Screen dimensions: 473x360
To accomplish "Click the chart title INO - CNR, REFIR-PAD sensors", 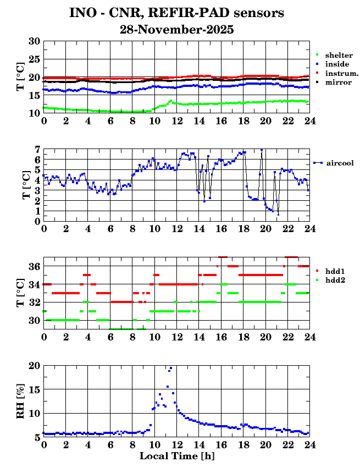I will pos(176,13).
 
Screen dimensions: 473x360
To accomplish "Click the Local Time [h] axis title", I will pos(176,456).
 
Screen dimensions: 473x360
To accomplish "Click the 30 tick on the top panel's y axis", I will pos(34,41).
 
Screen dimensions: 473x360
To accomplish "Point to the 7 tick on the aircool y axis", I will pos(37,150).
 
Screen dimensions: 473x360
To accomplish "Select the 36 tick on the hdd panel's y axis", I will pos(34,267).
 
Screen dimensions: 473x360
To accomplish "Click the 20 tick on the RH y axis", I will pos(34,366).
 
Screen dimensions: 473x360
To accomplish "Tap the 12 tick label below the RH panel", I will pos(176,444).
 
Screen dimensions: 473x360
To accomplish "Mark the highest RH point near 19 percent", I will pos(170,368).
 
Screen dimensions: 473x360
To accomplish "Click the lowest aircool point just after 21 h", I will pos(278,214).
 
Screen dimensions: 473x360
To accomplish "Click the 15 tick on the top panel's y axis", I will pos(34,95).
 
